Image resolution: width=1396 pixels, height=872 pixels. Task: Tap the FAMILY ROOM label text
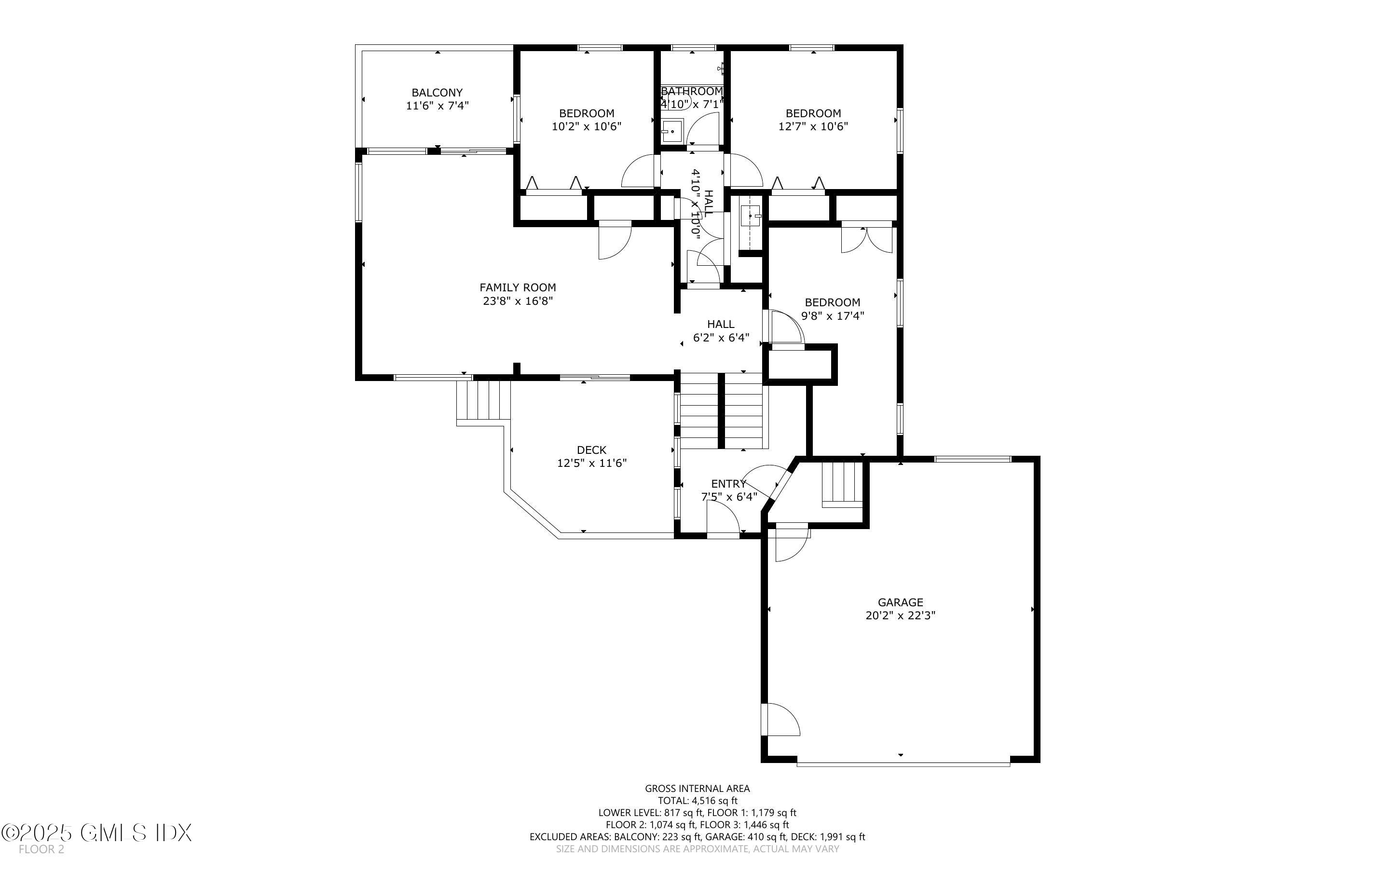point(517,287)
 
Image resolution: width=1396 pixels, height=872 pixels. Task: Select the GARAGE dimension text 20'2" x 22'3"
point(900,615)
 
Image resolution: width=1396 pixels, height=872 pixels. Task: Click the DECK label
point(591,450)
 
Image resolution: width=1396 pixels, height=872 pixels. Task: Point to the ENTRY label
point(728,484)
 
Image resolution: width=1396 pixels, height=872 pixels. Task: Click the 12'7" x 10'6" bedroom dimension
point(813,126)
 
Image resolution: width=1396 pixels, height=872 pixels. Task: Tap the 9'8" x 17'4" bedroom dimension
point(832,316)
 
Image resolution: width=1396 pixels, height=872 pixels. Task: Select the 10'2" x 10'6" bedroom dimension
point(587,126)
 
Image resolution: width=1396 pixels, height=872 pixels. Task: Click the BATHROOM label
point(691,92)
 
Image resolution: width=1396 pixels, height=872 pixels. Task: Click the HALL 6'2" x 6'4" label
point(721,331)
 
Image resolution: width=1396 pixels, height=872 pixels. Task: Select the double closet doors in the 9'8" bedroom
point(867,239)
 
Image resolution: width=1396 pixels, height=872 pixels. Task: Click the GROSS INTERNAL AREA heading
point(697,789)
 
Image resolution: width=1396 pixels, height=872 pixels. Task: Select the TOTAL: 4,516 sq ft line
point(697,801)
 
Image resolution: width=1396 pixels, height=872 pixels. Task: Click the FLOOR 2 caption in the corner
point(41,849)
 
